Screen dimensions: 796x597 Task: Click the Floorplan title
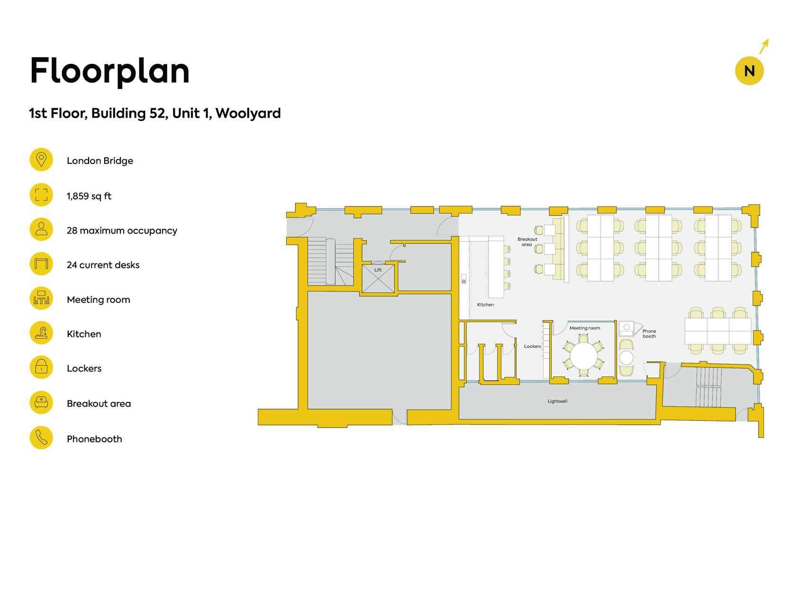point(109,71)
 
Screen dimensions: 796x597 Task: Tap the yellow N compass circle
point(749,71)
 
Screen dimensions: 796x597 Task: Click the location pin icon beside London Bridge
point(41,160)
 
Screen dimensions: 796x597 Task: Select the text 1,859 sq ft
point(89,196)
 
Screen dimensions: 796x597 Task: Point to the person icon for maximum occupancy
point(41,229)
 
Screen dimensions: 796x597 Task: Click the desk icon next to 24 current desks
point(41,263)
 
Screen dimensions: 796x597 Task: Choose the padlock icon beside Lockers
point(41,367)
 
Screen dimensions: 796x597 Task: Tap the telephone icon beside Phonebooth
point(41,437)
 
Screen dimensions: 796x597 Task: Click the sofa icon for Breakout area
point(41,402)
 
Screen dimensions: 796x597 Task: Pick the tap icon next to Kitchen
point(41,333)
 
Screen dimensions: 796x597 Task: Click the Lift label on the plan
point(378,270)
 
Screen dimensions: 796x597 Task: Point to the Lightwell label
point(557,401)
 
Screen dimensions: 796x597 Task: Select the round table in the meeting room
point(583,355)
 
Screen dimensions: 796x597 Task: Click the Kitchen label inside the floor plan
point(486,305)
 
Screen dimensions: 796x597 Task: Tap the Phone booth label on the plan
point(649,334)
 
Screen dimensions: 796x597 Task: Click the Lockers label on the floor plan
point(533,346)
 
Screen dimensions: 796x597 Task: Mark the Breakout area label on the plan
point(527,242)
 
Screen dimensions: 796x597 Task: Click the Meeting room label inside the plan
point(585,328)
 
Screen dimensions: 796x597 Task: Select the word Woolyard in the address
point(248,113)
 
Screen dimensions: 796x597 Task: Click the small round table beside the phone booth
point(626,358)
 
